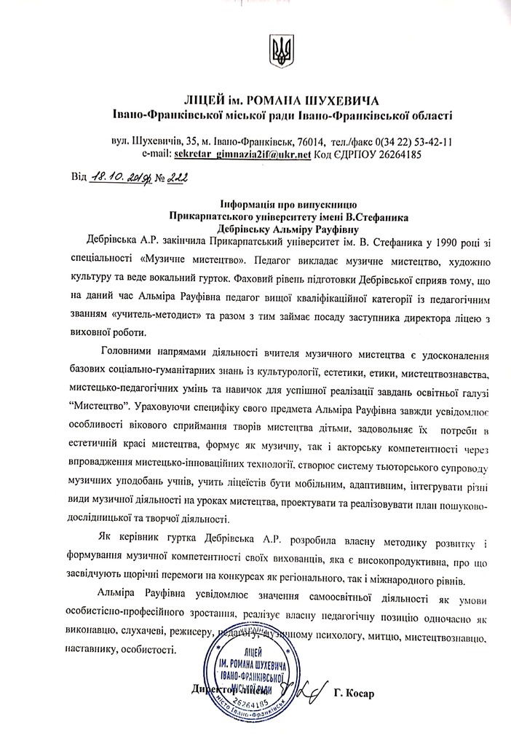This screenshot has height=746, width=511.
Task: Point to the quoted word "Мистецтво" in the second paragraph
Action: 90,403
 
